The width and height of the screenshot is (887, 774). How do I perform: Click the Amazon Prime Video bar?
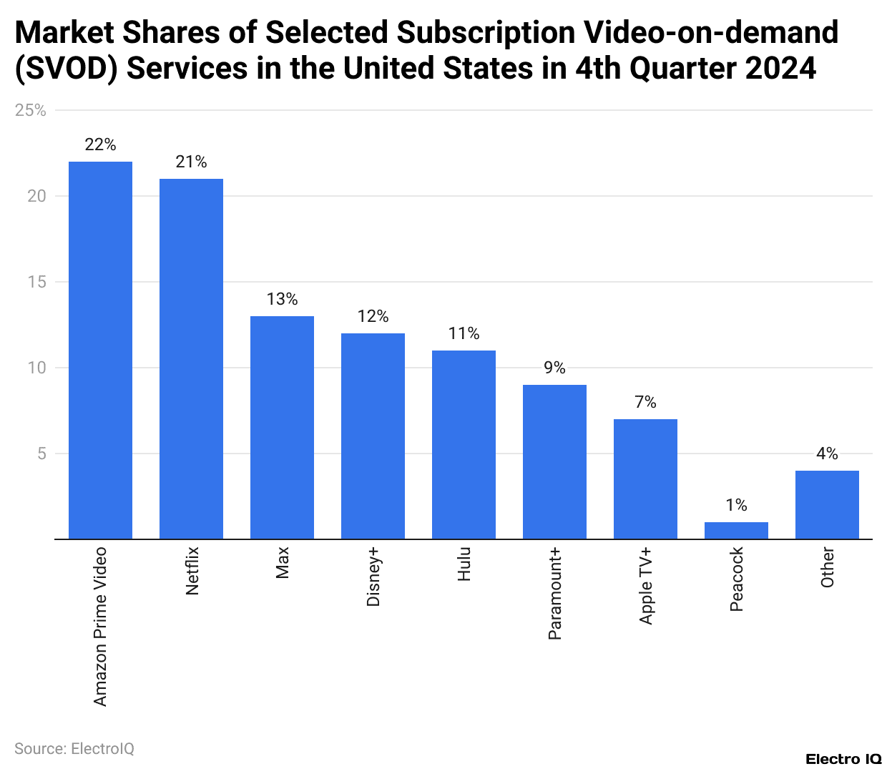[x=100, y=351]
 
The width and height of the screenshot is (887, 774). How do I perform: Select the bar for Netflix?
[x=191, y=358]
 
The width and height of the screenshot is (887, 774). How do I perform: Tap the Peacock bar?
[x=736, y=530]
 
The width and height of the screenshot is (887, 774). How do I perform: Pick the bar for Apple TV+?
[x=645, y=479]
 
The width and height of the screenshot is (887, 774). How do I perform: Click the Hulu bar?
[x=464, y=444]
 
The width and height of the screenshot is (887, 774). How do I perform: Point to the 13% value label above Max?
[x=282, y=299]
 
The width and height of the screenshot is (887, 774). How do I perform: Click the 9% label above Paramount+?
[x=554, y=368]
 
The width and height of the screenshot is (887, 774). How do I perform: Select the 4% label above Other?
[x=827, y=454]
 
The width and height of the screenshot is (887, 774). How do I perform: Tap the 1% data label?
[x=736, y=505]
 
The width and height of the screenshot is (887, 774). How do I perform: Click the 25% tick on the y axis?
[x=31, y=110]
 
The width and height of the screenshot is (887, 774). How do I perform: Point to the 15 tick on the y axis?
[x=37, y=282]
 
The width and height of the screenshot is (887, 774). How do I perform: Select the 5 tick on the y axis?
[x=41, y=454]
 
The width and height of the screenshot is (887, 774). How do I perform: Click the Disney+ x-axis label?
[x=373, y=577]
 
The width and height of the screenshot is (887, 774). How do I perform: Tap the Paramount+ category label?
[x=555, y=594]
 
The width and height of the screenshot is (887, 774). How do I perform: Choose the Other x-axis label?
[x=828, y=568]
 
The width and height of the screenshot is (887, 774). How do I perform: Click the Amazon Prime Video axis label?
[x=100, y=627]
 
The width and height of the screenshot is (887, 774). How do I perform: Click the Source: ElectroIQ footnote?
[x=74, y=748]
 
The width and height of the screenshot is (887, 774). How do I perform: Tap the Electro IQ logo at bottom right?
[x=843, y=759]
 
